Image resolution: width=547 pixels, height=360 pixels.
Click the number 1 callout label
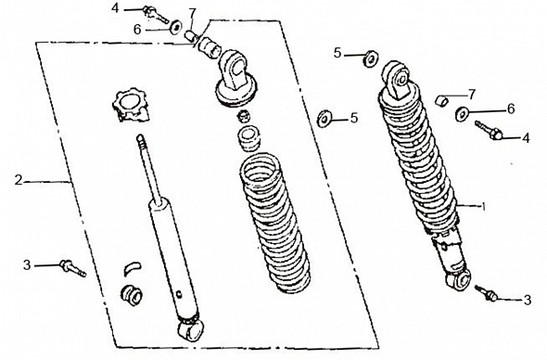484,207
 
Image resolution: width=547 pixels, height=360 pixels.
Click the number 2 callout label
19,180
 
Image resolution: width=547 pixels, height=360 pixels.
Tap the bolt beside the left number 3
73,268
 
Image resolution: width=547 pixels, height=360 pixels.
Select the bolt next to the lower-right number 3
486,292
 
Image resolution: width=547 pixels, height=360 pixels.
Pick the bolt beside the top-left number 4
155,14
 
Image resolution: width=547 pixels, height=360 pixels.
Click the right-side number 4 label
526,137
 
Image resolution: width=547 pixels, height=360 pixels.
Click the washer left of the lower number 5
324,119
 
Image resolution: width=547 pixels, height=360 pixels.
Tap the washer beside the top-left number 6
175,27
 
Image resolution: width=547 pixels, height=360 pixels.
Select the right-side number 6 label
511,109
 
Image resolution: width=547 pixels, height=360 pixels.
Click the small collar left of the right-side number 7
441,101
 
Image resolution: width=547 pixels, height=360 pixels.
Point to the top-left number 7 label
192,14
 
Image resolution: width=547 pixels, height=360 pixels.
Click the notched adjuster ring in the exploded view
132,106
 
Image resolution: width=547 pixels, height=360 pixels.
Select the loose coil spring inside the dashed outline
274,224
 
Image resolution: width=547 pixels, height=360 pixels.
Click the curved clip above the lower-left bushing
133,267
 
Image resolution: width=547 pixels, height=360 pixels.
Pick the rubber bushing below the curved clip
131,296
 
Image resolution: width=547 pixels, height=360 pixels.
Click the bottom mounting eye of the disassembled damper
190,329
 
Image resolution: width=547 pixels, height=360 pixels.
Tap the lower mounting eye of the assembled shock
459,279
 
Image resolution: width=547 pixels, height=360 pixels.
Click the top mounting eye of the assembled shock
398,79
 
